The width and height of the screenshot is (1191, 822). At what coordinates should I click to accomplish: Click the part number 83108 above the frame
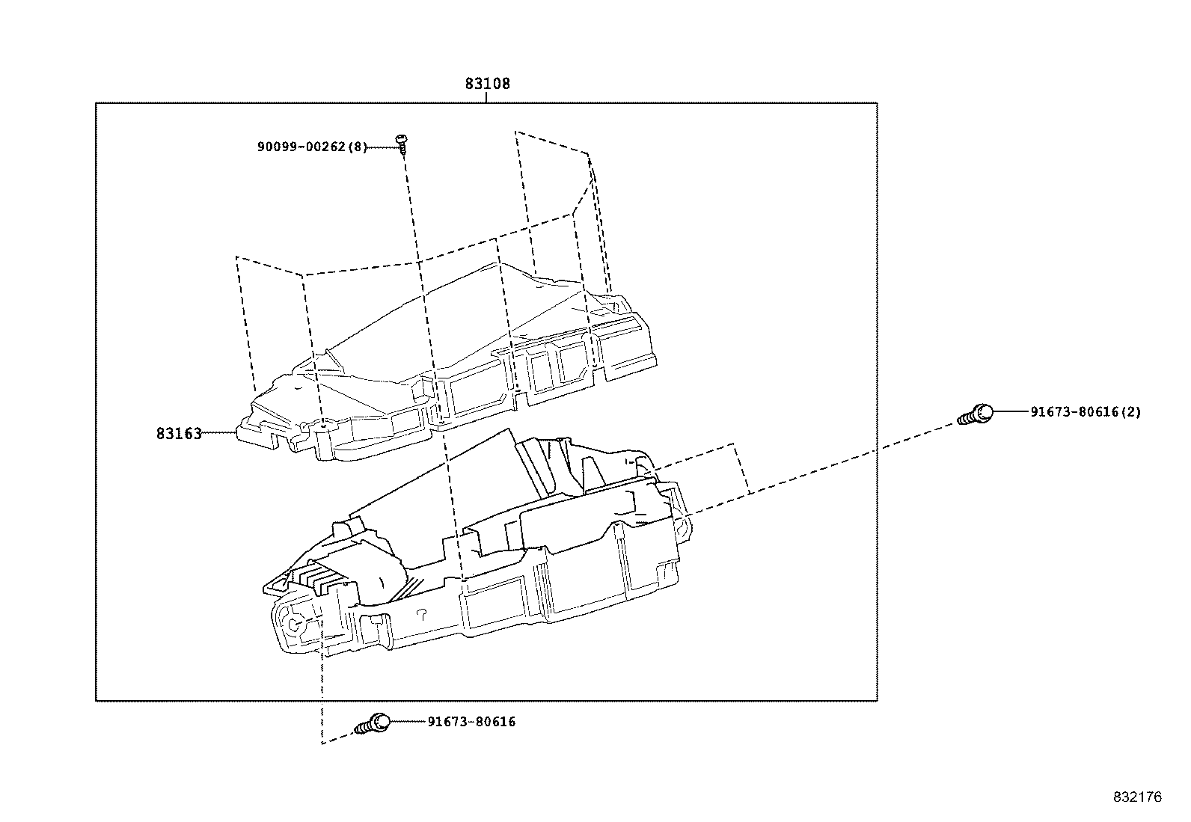click(x=487, y=84)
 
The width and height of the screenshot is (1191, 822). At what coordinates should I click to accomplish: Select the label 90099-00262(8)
click(x=312, y=147)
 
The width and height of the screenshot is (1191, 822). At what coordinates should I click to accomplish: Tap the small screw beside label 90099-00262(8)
click(x=402, y=143)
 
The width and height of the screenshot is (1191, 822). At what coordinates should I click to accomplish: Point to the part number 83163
click(x=179, y=434)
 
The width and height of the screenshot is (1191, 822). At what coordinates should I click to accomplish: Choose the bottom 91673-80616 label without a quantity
click(x=471, y=722)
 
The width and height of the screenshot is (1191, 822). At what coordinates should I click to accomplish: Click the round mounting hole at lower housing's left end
click(x=294, y=622)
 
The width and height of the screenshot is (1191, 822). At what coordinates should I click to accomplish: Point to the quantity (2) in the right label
click(x=1133, y=412)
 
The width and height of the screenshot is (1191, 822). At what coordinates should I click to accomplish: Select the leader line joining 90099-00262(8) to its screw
click(x=382, y=147)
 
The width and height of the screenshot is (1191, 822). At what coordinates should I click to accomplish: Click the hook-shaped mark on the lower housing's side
click(x=420, y=614)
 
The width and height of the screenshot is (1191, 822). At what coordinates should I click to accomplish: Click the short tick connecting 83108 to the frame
click(x=487, y=97)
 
